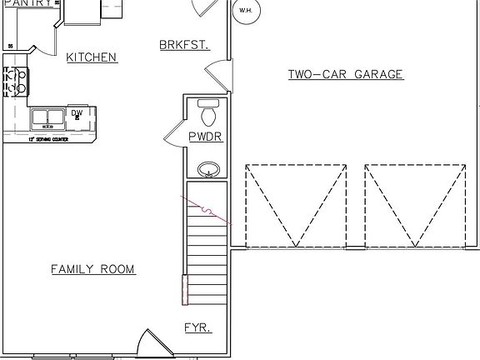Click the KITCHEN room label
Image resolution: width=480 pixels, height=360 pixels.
click(92, 57)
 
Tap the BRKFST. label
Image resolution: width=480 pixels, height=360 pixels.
click(183, 44)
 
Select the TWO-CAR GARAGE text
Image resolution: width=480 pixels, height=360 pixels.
click(346, 74)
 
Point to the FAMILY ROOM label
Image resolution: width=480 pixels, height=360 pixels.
click(93, 269)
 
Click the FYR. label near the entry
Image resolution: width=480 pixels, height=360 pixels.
click(197, 327)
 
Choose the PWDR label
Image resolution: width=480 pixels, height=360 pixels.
click(206, 137)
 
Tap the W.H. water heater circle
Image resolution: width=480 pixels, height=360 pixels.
click(245, 11)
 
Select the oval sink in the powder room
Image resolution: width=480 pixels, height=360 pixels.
click(208, 170)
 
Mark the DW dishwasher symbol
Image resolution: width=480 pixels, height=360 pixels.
click(77, 114)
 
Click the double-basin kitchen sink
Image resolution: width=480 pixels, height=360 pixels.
click(48, 117)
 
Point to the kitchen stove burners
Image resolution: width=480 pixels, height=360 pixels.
click(13, 80)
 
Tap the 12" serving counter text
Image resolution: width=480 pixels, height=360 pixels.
click(47, 139)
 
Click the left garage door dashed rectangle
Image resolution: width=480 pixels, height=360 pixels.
click(296, 206)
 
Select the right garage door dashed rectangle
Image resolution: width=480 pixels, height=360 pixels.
click(415, 206)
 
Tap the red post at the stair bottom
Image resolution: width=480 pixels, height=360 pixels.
click(185, 289)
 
